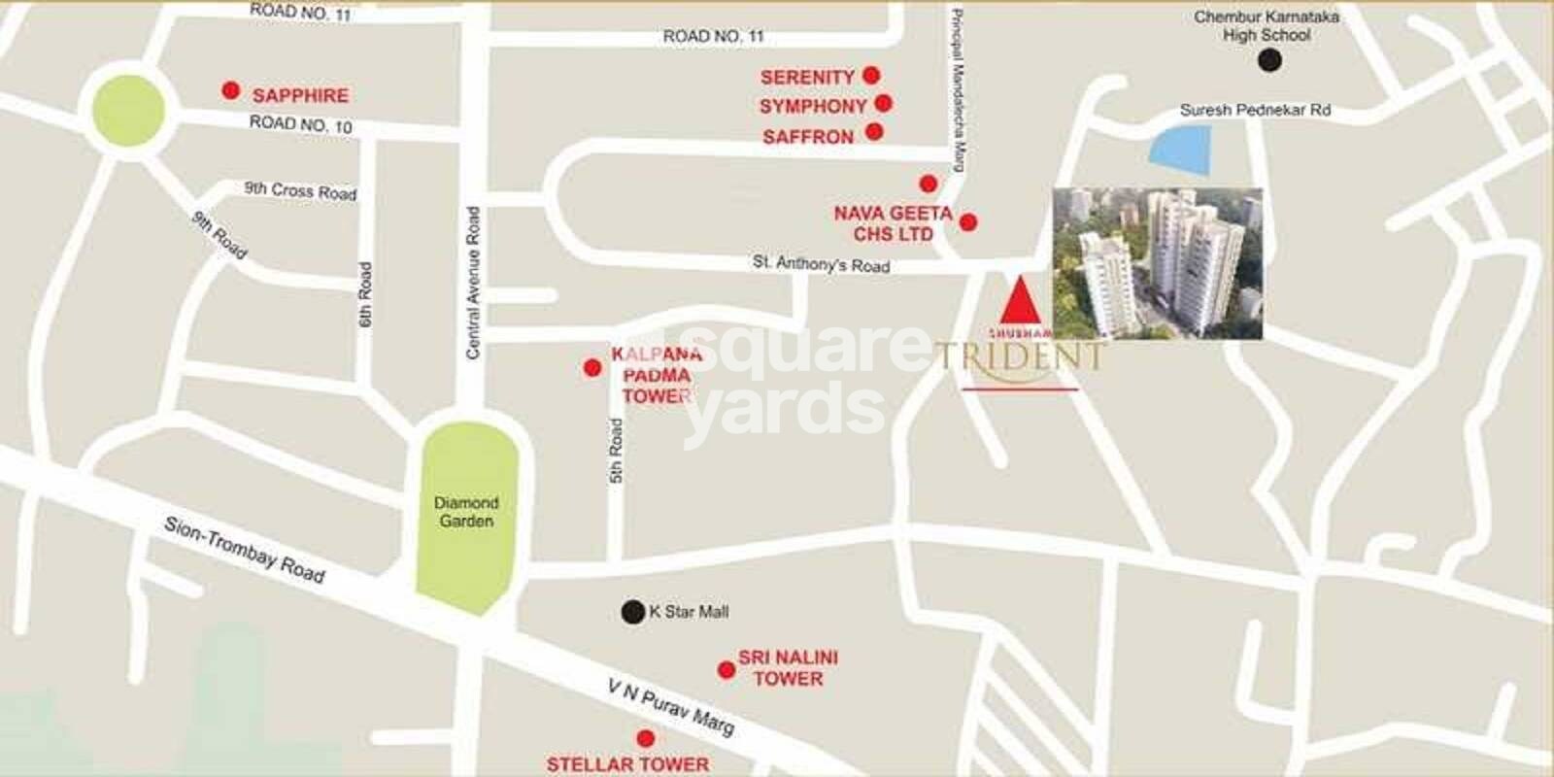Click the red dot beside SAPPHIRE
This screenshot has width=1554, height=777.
pyautogui.click(x=230, y=90)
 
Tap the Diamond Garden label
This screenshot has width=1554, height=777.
pyautogui.click(x=466, y=512)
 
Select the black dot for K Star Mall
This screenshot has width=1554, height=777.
pyautogui.click(x=633, y=611)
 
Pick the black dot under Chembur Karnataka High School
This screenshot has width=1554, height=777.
pyautogui.click(x=1268, y=61)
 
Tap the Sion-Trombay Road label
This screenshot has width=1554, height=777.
pyautogui.click(x=244, y=549)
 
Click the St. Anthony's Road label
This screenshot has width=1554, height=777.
pyautogui.click(x=821, y=263)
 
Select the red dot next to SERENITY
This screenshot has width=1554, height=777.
pyautogui.click(x=871, y=75)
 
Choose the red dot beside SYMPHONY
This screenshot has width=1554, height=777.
pyautogui.click(x=883, y=102)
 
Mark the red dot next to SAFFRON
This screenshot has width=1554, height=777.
pyautogui.click(x=874, y=131)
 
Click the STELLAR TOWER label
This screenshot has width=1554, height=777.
pyautogui.click(x=627, y=764)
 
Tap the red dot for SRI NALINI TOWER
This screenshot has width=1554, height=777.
pyautogui.click(x=726, y=669)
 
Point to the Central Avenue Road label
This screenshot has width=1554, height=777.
pyautogui.click(x=473, y=283)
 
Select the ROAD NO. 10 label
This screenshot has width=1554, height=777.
pyautogui.click(x=301, y=124)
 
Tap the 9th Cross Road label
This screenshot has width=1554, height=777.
pyautogui.click(x=300, y=190)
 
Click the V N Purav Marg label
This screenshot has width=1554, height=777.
pyautogui.click(x=670, y=706)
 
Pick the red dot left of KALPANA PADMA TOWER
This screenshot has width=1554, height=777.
pyautogui.click(x=591, y=368)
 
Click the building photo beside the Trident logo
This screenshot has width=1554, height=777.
pyautogui.click(x=1158, y=263)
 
